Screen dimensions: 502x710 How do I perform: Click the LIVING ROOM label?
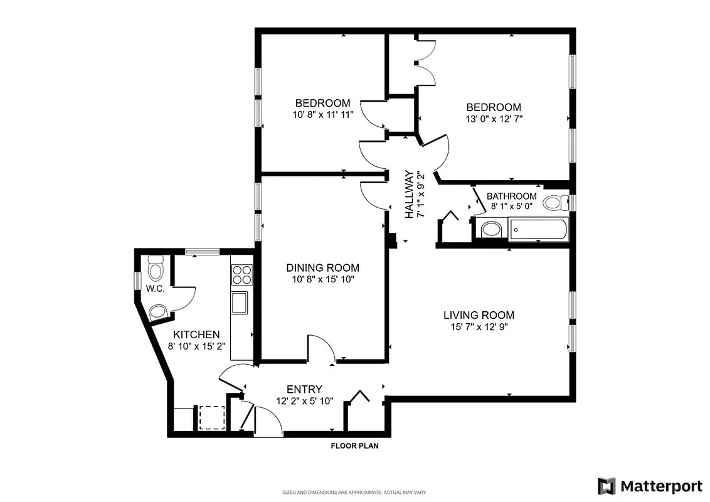click(479, 315)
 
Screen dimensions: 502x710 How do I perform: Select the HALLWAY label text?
click(409, 195)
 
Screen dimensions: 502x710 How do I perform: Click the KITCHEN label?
click(196, 334)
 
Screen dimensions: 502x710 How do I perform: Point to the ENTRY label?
click(304, 389)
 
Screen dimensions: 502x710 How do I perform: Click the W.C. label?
click(155, 289)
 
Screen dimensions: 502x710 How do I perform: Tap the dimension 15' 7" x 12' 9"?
click(479, 327)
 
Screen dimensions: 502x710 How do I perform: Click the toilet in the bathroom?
click(554, 203)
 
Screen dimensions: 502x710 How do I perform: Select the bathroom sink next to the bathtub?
click(490, 230)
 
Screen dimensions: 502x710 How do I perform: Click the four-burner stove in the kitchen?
click(241, 275)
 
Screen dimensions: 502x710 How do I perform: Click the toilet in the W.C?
click(155, 271)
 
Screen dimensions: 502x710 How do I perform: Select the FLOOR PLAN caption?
click(354, 447)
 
